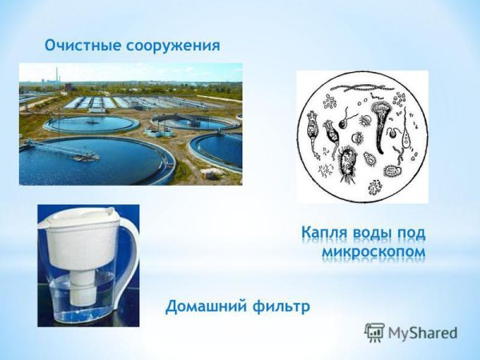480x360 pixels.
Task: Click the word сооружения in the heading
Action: coord(171,45)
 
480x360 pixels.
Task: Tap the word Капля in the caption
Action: coord(326,233)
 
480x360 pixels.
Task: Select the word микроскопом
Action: coord(372,252)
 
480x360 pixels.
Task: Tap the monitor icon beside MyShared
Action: coord(374,332)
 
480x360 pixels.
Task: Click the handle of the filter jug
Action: coord(128,256)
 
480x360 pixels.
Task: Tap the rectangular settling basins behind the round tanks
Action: coord(100,102)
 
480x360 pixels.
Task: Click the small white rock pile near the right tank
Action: coord(210,171)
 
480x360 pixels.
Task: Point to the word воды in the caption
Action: coord(375,233)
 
